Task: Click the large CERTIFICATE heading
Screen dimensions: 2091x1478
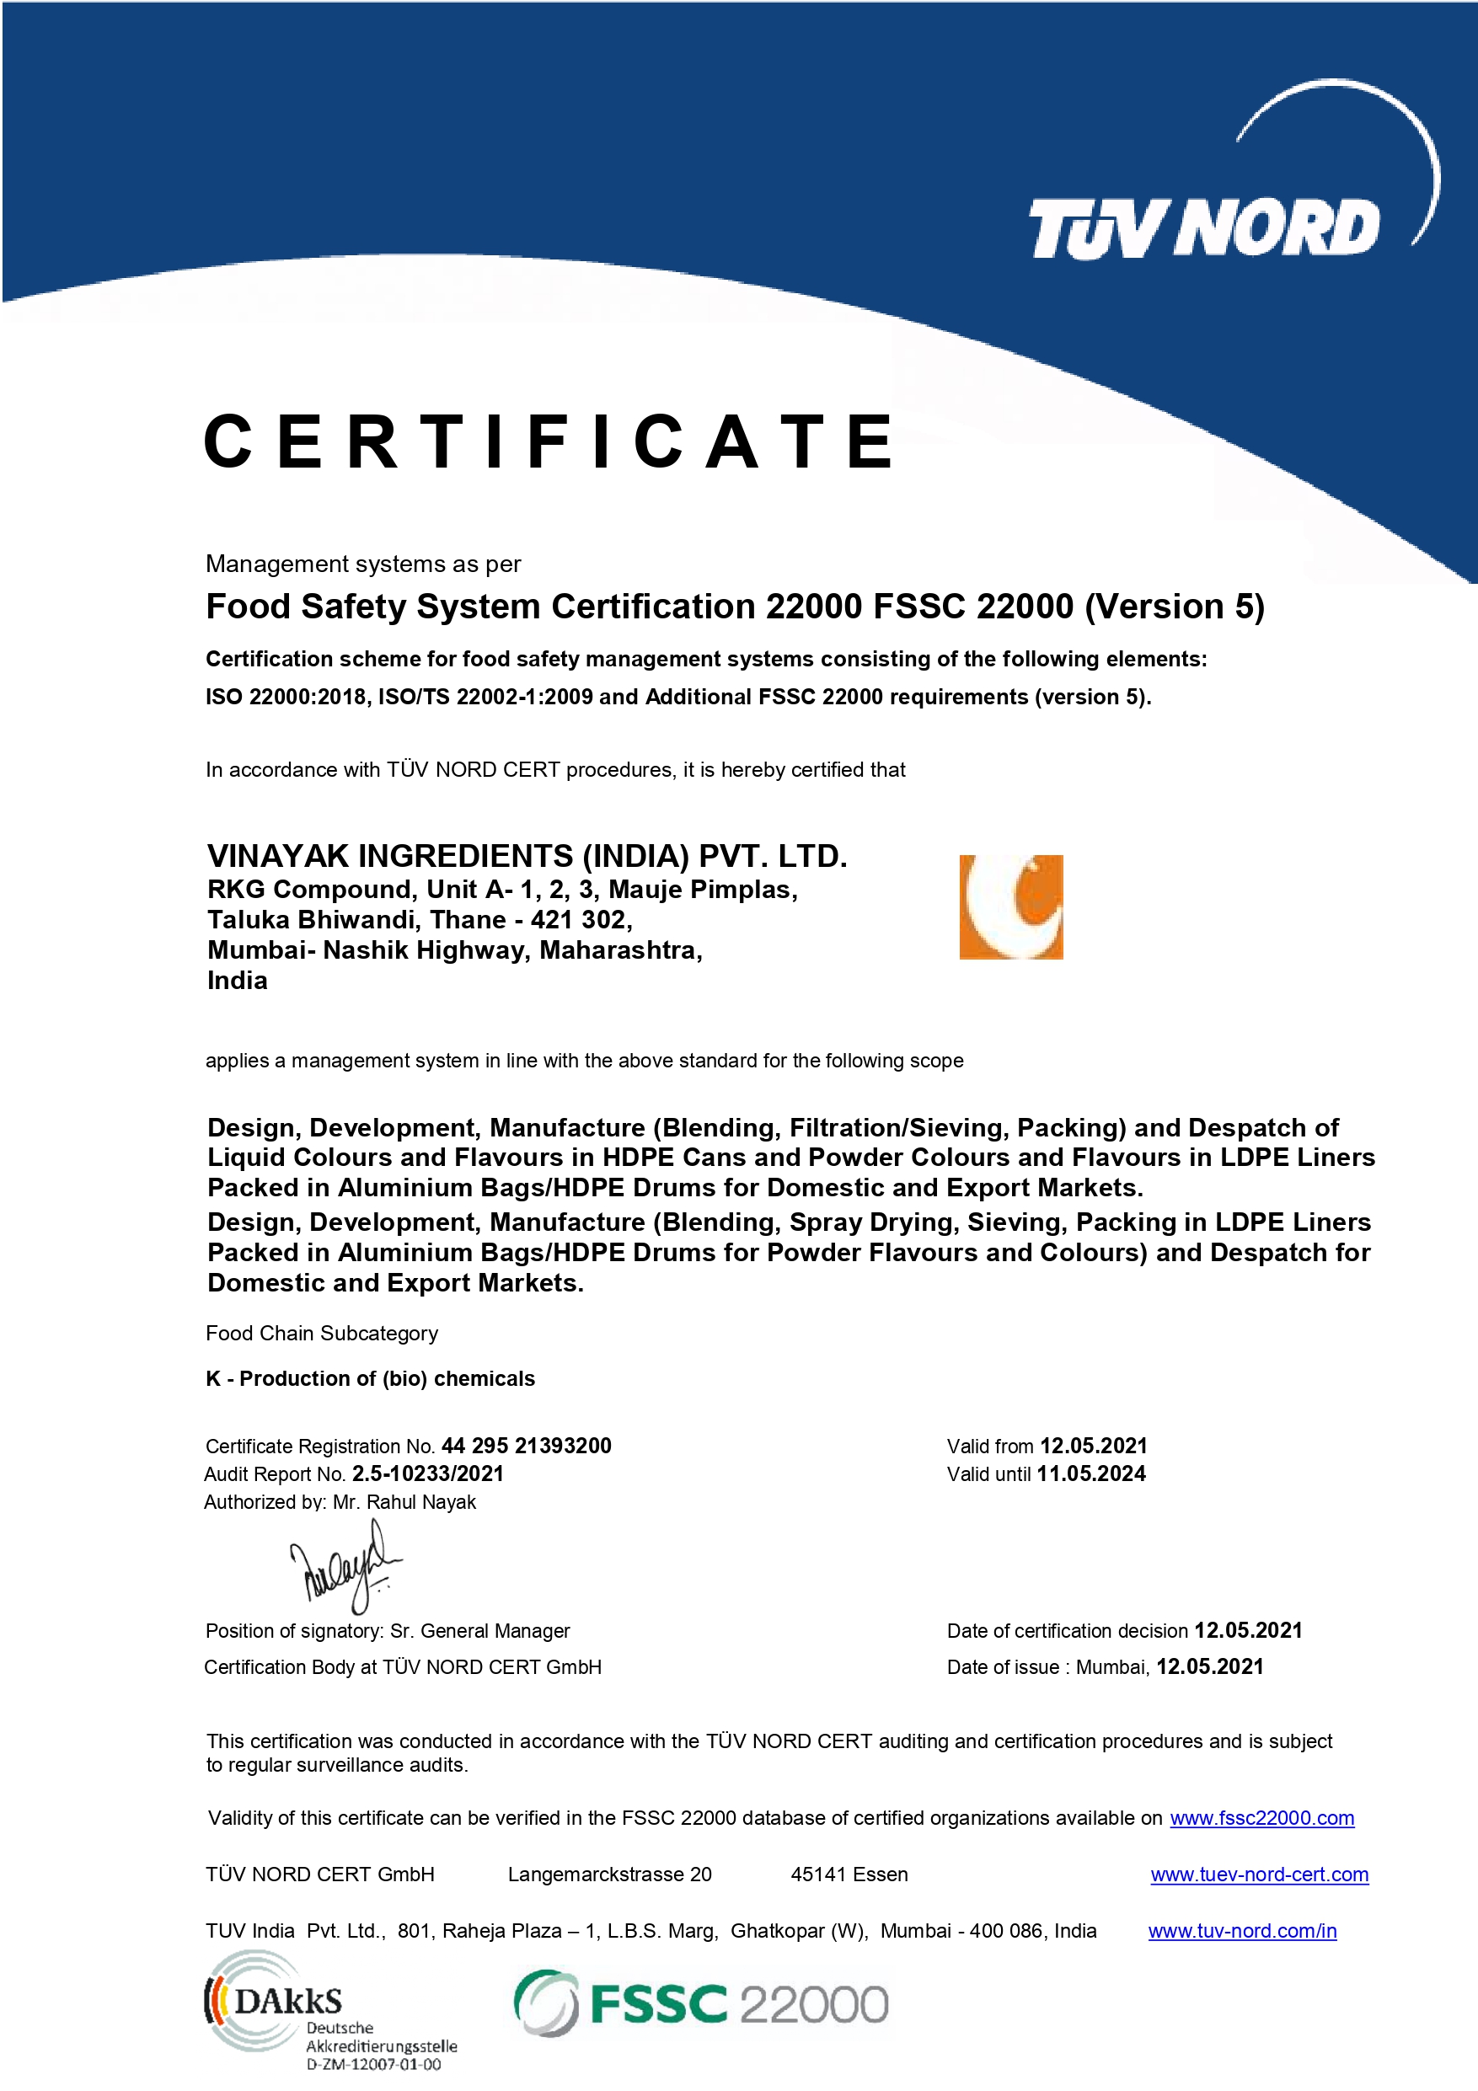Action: tap(549, 441)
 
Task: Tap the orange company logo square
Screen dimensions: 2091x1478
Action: tap(1011, 907)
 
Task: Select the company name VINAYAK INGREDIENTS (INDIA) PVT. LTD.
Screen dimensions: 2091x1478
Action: tap(527, 856)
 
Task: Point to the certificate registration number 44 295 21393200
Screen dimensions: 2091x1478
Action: tap(527, 1446)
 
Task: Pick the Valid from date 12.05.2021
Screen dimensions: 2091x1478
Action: tap(1093, 1446)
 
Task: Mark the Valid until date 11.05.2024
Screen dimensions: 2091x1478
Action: tap(1091, 1473)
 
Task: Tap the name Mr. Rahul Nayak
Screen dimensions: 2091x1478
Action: tap(404, 1502)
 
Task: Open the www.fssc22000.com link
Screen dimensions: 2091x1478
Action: tap(1261, 1818)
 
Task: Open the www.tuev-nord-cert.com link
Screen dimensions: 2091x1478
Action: tap(1259, 1874)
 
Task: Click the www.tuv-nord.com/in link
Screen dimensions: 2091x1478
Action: tap(1242, 1931)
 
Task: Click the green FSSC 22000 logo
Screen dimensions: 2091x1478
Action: tap(701, 2003)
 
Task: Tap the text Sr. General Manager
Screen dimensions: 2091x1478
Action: tap(480, 1630)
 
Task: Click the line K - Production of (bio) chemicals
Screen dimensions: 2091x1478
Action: tap(370, 1379)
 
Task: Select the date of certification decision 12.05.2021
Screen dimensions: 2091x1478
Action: tap(1248, 1630)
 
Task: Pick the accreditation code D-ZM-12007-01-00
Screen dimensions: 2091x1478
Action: tap(373, 2065)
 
